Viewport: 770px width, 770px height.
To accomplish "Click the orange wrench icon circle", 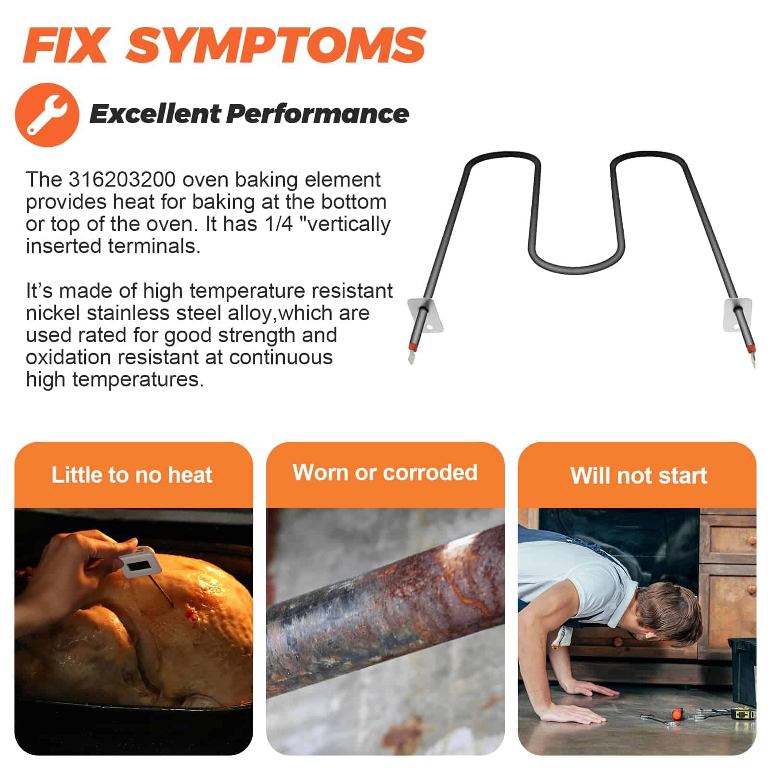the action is [47, 115].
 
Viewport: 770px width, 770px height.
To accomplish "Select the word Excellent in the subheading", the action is [154, 114].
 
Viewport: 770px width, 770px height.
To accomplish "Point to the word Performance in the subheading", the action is [318, 114].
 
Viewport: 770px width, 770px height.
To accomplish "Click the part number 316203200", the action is [122, 180].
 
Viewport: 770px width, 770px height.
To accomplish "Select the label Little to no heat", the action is [132, 475].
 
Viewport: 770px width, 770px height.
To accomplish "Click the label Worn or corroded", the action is [385, 473].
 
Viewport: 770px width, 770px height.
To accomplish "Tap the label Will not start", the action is [639, 475].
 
